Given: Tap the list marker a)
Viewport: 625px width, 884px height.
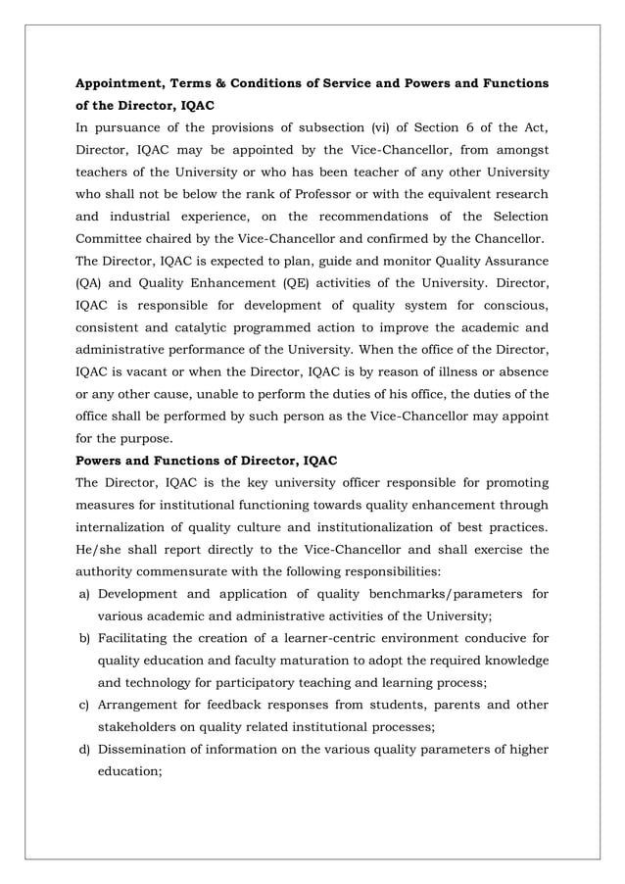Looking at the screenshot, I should [x=84, y=593].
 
